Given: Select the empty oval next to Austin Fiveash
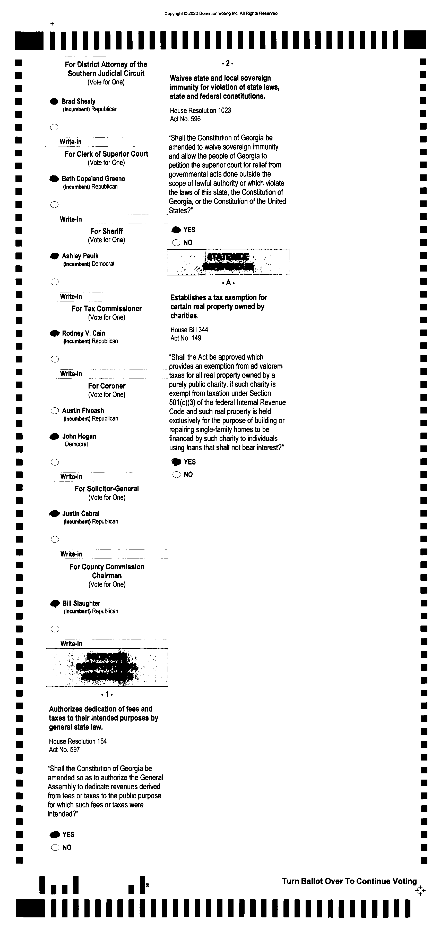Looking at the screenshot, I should [55, 411].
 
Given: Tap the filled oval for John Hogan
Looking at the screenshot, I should [54, 437].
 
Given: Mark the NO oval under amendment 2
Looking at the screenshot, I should [176, 243].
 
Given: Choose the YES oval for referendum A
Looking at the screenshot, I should [176, 462].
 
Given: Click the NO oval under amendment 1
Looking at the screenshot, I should [55, 848].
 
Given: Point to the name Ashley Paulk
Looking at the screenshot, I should [80, 256].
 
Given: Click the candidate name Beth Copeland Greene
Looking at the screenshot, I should [93, 179].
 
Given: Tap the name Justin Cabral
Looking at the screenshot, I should [81, 513].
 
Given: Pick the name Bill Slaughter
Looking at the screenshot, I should [81, 603].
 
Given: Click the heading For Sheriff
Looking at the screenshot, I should [106, 231].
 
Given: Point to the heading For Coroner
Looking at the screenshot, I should [107, 386].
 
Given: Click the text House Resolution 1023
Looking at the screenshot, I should [200, 110].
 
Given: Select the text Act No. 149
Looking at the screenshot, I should [186, 338].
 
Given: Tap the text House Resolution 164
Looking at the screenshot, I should [78, 741].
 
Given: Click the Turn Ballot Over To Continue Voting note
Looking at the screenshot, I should [349, 881].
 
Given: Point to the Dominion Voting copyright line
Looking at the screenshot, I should [221, 14].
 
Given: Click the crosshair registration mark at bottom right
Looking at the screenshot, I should [420, 891].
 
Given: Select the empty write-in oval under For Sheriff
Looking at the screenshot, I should [54, 282].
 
